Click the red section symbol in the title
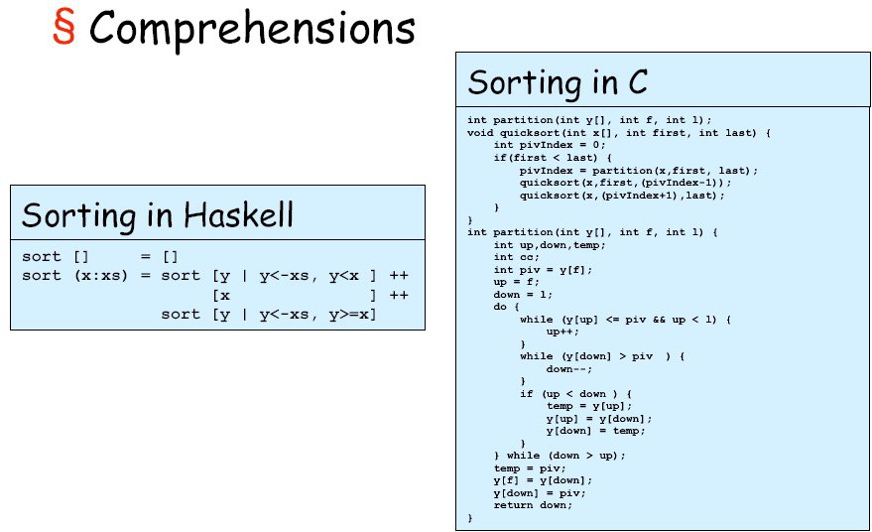[x=63, y=27]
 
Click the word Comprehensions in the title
[x=252, y=29]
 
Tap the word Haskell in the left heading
[x=238, y=214]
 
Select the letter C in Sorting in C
[x=638, y=82]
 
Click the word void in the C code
[x=480, y=133]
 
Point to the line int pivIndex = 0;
[x=550, y=145]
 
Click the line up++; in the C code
[x=562, y=332]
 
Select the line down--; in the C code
[x=568, y=369]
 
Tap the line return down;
[x=533, y=505]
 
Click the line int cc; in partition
[x=516, y=257]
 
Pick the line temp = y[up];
[x=589, y=406]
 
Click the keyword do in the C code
[x=500, y=307]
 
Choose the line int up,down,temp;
[x=550, y=245]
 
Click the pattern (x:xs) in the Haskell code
[x=100, y=276]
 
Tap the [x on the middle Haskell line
[x=221, y=295]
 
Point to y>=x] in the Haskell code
[x=352, y=315]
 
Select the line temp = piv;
[x=530, y=468]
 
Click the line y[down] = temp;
[x=595, y=431]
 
